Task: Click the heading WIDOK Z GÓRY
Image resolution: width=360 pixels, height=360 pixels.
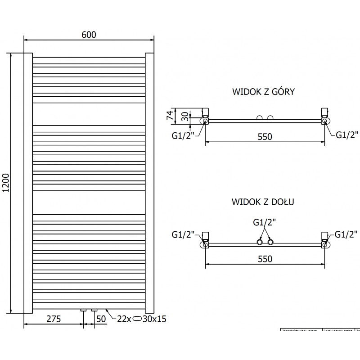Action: [x=263, y=92]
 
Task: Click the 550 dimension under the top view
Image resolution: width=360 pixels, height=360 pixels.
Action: [x=265, y=137]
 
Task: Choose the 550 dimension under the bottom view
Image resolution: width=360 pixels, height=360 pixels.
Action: [x=265, y=259]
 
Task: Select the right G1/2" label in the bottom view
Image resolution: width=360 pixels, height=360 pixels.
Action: [x=346, y=234]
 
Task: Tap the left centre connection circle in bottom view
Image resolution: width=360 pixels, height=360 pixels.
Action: [x=260, y=243]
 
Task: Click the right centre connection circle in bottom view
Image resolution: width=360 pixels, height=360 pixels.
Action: [x=270, y=243]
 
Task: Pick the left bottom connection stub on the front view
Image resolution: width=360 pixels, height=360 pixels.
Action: [x=83, y=310]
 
